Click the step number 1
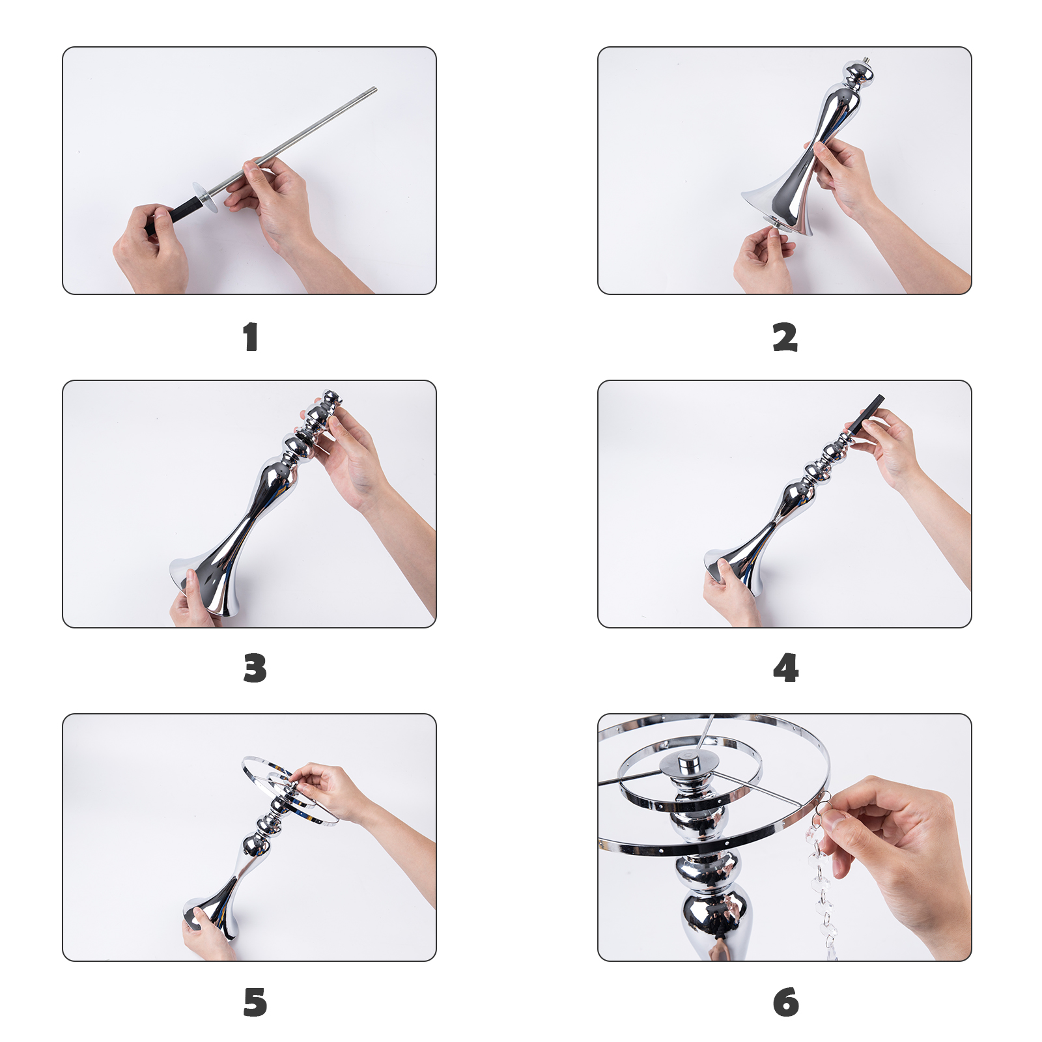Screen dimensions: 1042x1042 [251, 337]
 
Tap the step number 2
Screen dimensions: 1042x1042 [785, 337]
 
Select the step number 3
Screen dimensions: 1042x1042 [255, 669]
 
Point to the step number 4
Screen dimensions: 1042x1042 [785, 669]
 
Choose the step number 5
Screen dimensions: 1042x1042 [255, 1002]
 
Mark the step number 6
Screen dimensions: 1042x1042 [785, 1002]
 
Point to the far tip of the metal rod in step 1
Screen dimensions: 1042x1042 [374, 89]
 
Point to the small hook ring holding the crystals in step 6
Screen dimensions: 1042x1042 [823, 803]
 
